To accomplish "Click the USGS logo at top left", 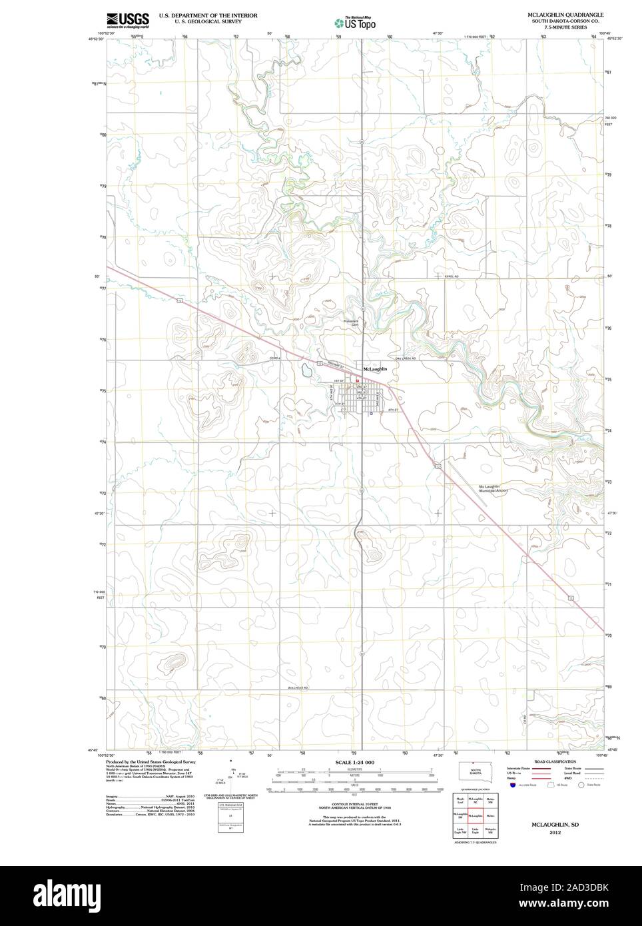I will (x=127, y=20).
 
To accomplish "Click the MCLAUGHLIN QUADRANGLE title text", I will (x=565, y=14).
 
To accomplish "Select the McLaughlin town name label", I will (x=375, y=368).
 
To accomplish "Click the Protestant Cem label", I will (x=351, y=322).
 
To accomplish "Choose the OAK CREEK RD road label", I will (x=405, y=359).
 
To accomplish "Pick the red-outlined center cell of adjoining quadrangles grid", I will (x=476, y=815).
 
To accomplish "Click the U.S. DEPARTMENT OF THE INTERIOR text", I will (x=208, y=15).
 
